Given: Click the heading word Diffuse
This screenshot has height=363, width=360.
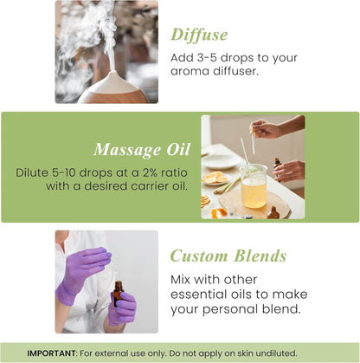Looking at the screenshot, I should [198, 34].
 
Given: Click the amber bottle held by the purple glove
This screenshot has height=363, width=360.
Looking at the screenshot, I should [118, 293].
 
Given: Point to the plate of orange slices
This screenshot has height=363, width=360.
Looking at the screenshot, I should [215, 178].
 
